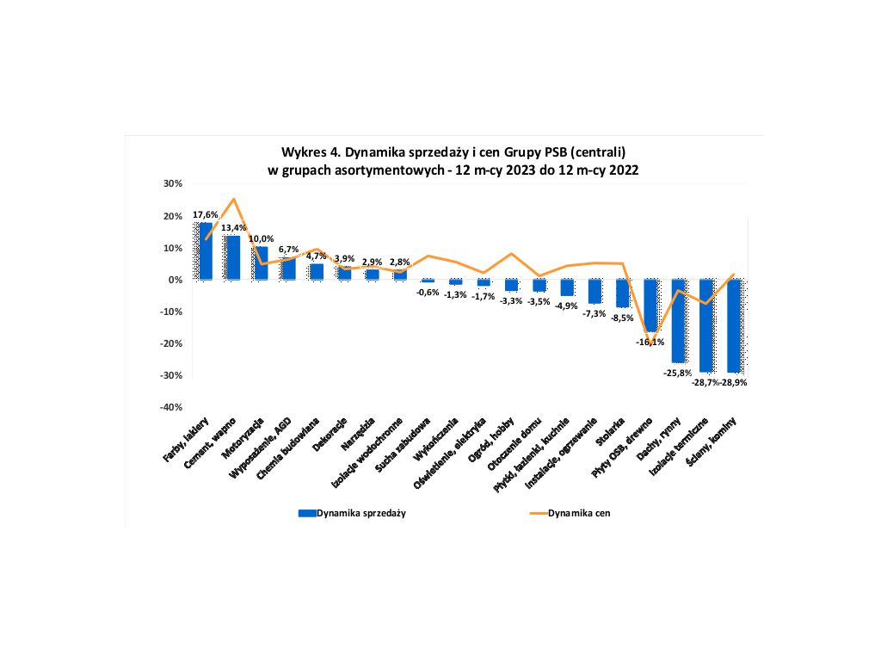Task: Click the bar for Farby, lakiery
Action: point(206,250)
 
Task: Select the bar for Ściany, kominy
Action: point(734,325)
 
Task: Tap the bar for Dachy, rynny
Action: point(678,320)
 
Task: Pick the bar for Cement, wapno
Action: point(233,257)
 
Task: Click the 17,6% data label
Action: point(205,214)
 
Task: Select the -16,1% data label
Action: point(650,342)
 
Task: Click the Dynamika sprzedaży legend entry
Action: point(352,513)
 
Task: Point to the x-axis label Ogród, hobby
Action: point(496,440)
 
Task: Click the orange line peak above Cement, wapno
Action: point(233,199)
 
